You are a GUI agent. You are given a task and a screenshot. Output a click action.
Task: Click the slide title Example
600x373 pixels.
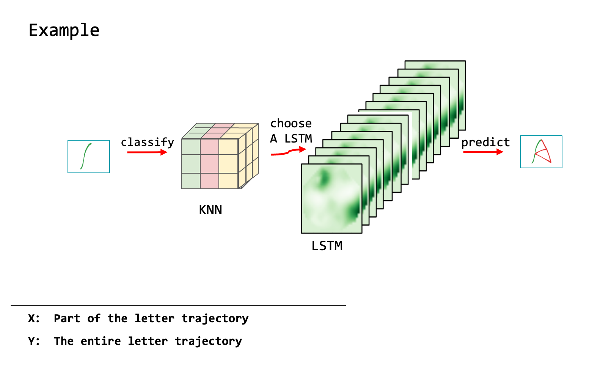(x=64, y=31)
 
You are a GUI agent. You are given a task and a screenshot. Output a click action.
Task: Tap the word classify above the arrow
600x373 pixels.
(x=147, y=142)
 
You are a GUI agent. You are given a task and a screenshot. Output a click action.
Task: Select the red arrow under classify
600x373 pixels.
(x=147, y=152)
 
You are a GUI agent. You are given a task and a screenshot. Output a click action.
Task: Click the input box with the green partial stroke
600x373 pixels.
(x=89, y=157)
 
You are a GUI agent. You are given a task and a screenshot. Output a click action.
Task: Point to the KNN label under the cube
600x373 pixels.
(x=210, y=210)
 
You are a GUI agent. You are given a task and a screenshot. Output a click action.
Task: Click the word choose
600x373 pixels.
(x=291, y=124)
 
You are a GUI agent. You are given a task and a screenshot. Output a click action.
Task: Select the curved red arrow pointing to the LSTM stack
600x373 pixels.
(x=288, y=152)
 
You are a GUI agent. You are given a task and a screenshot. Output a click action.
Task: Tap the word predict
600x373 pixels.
(x=485, y=143)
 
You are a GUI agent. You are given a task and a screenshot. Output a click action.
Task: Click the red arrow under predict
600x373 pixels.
(x=483, y=152)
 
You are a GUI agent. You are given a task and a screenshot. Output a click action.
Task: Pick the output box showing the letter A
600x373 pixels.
(x=541, y=152)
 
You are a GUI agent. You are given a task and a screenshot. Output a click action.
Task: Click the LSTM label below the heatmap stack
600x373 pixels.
(x=327, y=246)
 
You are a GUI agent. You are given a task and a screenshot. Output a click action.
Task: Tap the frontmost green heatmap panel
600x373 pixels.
(x=331, y=198)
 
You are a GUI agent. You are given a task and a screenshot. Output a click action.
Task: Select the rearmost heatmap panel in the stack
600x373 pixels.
(x=435, y=65)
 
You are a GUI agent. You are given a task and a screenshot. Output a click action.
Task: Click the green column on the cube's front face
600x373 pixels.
(x=191, y=164)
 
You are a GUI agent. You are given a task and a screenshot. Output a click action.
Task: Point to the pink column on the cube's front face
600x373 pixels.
(x=210, y=164)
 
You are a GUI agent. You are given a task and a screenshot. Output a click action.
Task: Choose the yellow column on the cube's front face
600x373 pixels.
(x=228, y=164)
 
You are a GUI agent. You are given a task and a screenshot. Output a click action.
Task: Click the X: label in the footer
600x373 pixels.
(x=34, y=318)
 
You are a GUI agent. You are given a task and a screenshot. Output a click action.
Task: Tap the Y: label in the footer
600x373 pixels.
(x=34, y=341)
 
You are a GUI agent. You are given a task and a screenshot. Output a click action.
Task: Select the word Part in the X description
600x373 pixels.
(x=67, y=318)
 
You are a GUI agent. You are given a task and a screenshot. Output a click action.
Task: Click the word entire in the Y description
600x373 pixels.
(x=101, y=341)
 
